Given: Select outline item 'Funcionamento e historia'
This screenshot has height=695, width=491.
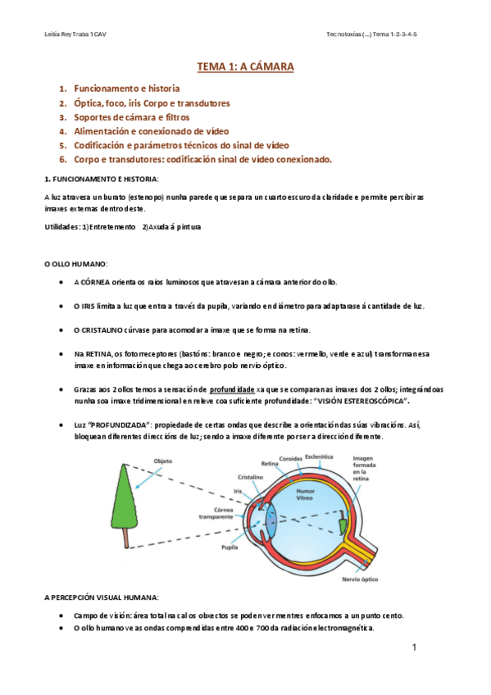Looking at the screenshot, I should [x=127, y=88].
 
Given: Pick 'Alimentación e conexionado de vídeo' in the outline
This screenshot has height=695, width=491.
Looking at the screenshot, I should [x=152, y=131].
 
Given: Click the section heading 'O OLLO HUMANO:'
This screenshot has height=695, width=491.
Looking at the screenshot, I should [x=75, y=264].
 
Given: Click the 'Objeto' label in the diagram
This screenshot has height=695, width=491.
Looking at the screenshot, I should [x=162, y=461].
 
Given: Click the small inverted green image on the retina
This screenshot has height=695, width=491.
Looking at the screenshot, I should [x=343, y=521].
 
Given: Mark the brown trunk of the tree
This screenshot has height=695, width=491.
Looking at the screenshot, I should [x=125, y=538].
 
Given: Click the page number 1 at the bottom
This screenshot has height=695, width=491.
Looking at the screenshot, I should [x=415, y=648].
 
